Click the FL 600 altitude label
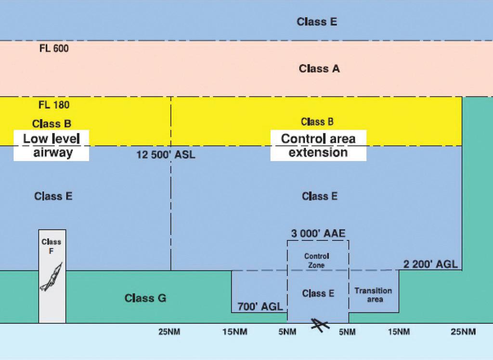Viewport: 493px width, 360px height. pos(54,49)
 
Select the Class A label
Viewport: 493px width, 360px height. pos(319,68)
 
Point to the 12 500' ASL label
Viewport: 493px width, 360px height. pos(166,155)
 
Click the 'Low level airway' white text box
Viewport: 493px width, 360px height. pos(52,146)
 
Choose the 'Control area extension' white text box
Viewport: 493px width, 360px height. pos(318,146)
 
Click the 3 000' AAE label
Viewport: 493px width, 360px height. pos(318,233)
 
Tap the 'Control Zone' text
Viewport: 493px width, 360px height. pos(317,261)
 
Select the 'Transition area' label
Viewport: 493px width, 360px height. pos(373,295)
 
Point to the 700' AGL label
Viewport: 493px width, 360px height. pos(260,307)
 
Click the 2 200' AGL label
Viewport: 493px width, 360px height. pos(430,264)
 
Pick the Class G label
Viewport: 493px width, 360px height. pos(145,298)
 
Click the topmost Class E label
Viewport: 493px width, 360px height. pos(317,22)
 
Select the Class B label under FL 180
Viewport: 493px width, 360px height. pos(52,124)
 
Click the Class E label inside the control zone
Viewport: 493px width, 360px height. pos(318,293)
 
